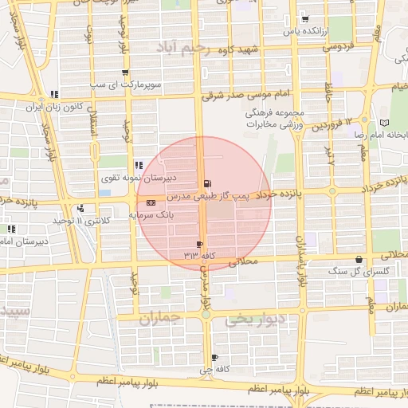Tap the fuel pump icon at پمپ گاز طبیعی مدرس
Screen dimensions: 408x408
(208, 183)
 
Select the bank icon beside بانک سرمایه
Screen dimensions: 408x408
(151, 202)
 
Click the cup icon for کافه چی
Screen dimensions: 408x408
(215, 358)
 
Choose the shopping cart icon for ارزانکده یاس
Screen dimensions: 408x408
(305, 19)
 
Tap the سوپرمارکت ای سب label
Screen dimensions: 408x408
(158, 83)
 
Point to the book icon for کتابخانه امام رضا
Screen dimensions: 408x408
(386, 124)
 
